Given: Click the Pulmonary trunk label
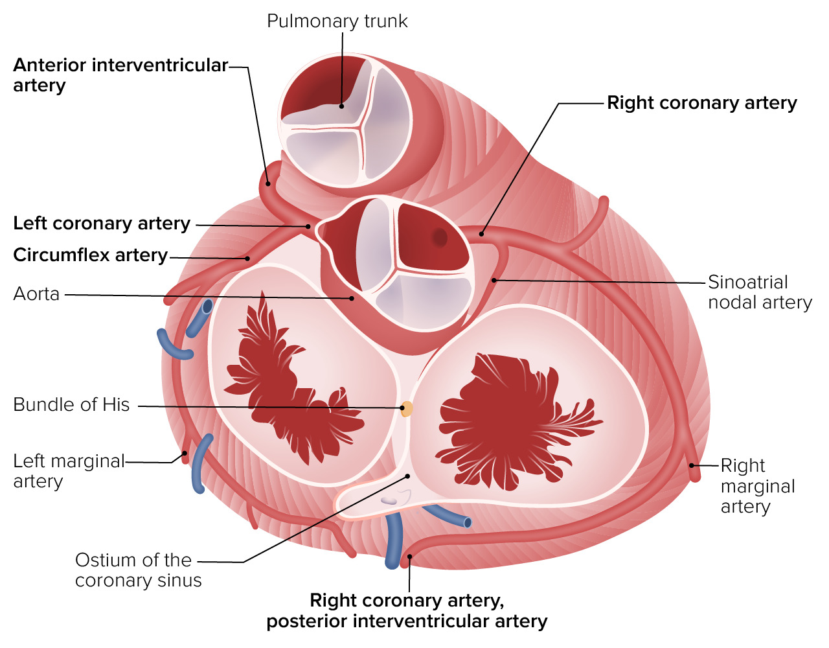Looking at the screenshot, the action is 337,21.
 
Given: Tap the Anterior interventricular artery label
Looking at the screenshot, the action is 120,75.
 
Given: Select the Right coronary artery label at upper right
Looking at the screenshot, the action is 702,103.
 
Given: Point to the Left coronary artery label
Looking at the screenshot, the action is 102,224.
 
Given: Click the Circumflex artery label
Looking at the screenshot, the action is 91,255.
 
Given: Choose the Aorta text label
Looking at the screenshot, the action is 36,294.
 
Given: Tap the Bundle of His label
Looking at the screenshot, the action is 71,404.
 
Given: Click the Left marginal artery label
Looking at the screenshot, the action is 69,471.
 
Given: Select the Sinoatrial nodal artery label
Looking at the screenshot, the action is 760,292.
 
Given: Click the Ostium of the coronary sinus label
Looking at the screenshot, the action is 138,570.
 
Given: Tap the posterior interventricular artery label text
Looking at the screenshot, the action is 407,621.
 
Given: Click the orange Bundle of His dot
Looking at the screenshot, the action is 406,408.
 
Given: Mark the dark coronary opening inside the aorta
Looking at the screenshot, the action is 440,237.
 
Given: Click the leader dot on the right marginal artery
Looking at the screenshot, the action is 691,465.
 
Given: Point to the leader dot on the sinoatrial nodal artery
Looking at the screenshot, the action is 494,280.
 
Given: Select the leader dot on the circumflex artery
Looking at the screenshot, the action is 247,259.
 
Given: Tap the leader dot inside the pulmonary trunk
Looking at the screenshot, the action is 341,106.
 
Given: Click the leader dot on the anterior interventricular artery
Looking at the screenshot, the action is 268,183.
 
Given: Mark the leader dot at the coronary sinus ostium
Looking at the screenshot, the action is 407,476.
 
